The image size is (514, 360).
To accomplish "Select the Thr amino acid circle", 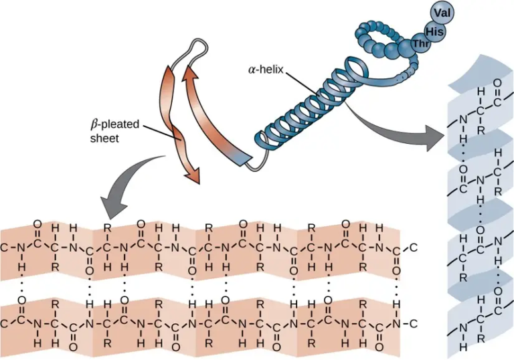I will click(x=420, y=44).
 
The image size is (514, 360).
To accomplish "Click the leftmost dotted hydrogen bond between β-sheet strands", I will click(x=21, y=286).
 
